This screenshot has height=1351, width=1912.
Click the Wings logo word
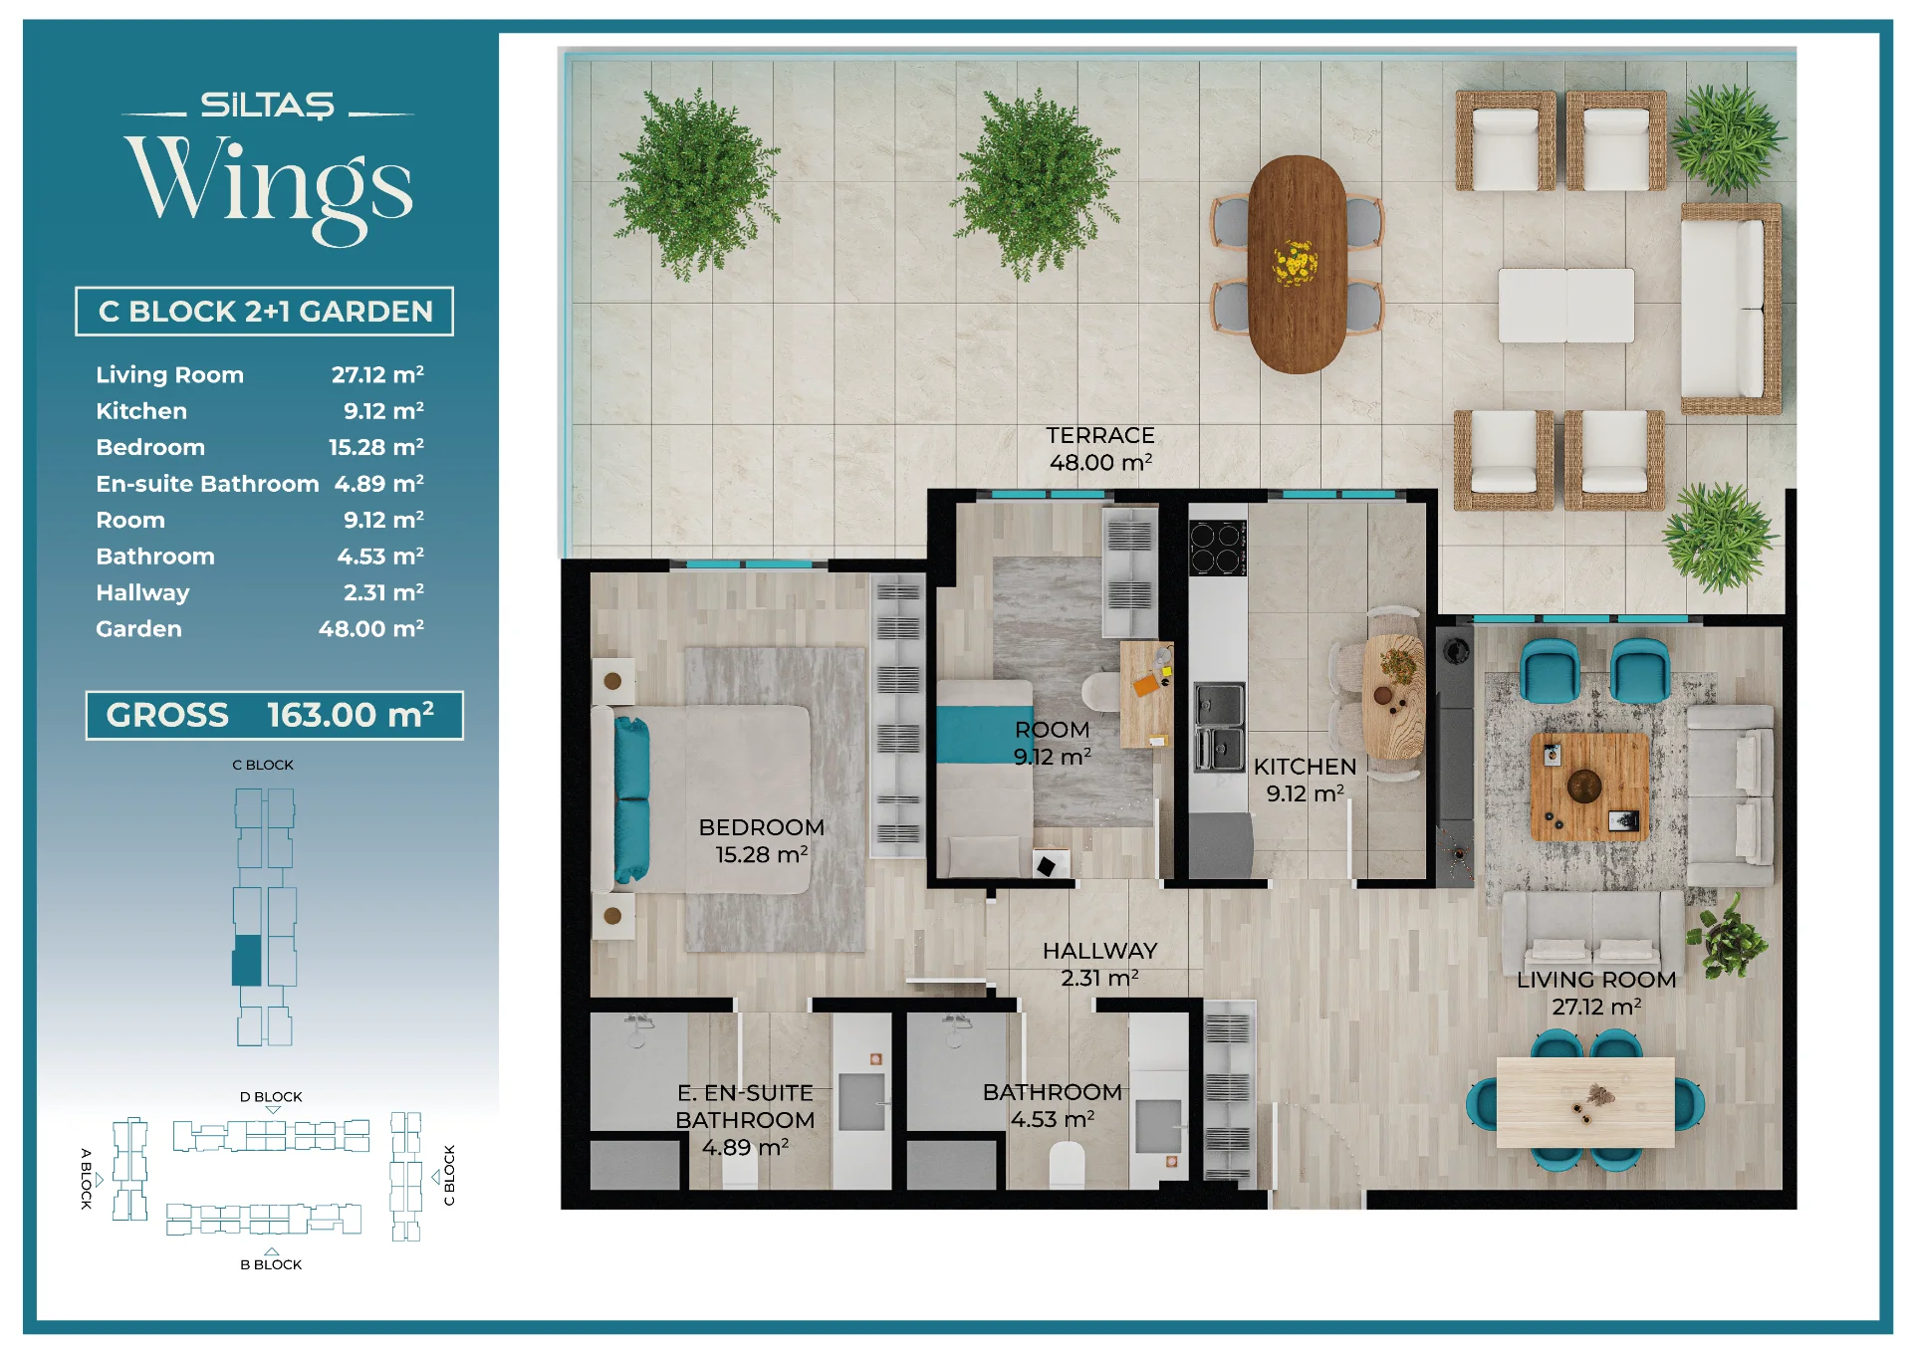(269, 187)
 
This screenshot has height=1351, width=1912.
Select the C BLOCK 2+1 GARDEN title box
(264, 312)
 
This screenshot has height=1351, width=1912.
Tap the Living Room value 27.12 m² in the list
(377, 374)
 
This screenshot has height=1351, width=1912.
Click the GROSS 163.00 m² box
(274, 715)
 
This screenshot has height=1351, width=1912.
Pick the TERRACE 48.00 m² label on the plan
(1100, 449)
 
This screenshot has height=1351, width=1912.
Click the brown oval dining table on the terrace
(1297, 264)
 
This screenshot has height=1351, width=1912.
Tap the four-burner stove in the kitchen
(1217, 548)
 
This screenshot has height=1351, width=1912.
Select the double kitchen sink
(1219, 728)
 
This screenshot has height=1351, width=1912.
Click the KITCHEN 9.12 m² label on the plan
(1305, 781)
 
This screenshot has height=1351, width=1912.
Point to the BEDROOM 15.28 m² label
(762, 841)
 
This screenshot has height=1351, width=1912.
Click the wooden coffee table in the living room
(1588, 787)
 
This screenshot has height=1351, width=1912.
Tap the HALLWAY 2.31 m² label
(1099, 965)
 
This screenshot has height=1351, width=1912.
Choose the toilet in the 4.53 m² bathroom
(1068, 1165)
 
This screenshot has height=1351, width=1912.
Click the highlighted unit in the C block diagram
(247, 961)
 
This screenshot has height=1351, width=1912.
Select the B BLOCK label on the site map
(271, 1264)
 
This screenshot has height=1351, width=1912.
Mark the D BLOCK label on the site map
(271, 1097)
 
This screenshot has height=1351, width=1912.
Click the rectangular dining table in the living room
(1585, 1102)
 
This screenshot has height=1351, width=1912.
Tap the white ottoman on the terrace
(1566, 306)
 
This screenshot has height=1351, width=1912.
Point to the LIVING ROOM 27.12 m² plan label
(1596, 994)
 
